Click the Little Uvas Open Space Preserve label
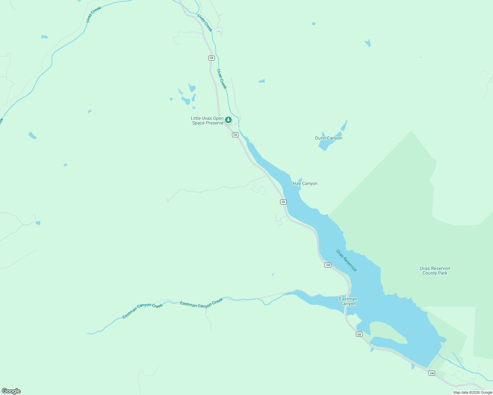[x=207, y=121]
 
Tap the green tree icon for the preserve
[x=228, y=120]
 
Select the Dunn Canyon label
[x=329, y=138]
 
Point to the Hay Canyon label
[x=305, y=184]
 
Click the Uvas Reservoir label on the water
[x=346, y=260]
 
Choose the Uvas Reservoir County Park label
[x=435, y=271]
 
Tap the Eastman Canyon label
[x=348, y=302]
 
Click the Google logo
[x=11, y=391]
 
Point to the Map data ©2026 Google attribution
[x=473, y=392]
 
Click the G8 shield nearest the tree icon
[x=235, y=135]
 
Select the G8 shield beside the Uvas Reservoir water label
[x=328, y=265]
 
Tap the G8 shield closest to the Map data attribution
[x=432, y=373]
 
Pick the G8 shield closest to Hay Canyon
[x=283, y=202]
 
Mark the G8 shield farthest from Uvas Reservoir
[x=212, y=58]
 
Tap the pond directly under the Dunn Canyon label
[x=325, y=145]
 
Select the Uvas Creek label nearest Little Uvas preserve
[x=222, y=79]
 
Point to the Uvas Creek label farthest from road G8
[x=93, y=15]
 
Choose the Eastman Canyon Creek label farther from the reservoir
[x=142, y=311]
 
